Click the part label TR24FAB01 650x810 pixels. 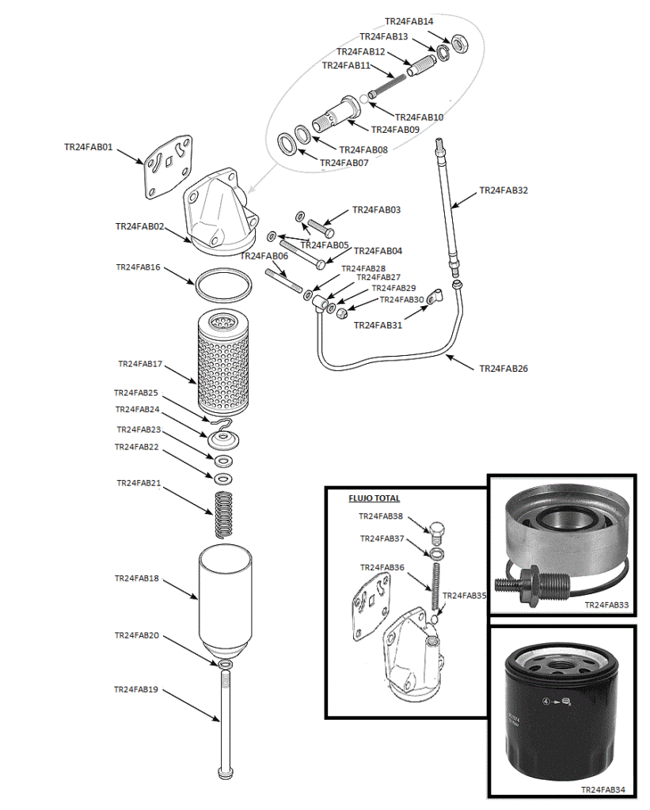click(88, 147)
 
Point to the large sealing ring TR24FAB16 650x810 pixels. click(222, 285)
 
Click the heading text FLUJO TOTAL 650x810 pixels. click(374, 498)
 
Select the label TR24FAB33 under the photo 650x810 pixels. click(606, 605)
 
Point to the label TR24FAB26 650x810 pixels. click(504, 369)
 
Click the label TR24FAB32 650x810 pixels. click(504, 191)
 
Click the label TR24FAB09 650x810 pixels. click(395, 130)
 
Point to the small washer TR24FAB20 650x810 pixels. click(225, 663)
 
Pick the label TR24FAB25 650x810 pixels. click(136, 392)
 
